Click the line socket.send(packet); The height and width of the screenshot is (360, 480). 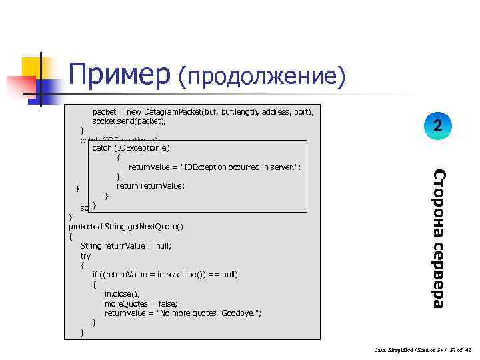pyautogui.click(x=129, y=122)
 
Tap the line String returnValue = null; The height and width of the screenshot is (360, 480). pyautogui.click(x=126, y=246)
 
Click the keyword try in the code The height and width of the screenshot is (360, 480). pyautogui.click(x=85, y=255)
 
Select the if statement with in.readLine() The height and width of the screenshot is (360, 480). pyautogui.click(x=165, y=275)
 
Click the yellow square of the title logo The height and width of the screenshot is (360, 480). pyautogui.click(x=33, y=67)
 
